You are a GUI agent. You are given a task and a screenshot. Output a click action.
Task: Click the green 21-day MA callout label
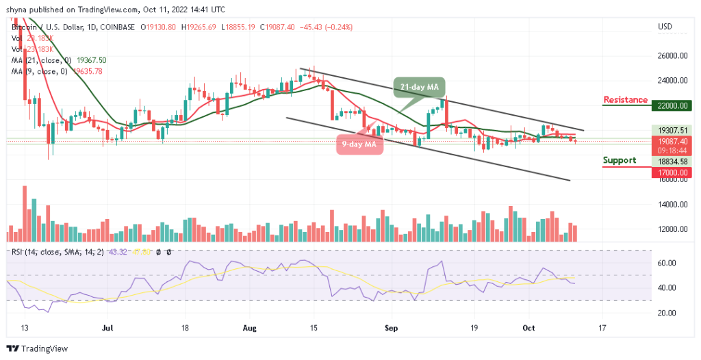click(419, 86)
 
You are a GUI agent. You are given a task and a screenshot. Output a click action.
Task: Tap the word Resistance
click(625, 100)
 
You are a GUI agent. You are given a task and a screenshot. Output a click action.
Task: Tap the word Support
click(620, 160)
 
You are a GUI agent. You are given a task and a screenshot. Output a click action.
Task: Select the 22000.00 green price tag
click(672, 105)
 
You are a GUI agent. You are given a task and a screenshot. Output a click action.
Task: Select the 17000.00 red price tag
click(672, 173)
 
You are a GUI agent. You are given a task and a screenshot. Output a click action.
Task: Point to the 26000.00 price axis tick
click(672, 56)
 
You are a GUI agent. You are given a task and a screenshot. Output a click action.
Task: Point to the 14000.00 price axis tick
click(672, 205)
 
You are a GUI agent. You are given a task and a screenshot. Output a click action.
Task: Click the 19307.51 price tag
click(672, 129)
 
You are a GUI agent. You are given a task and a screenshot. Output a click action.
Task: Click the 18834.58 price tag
click(672, 162)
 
